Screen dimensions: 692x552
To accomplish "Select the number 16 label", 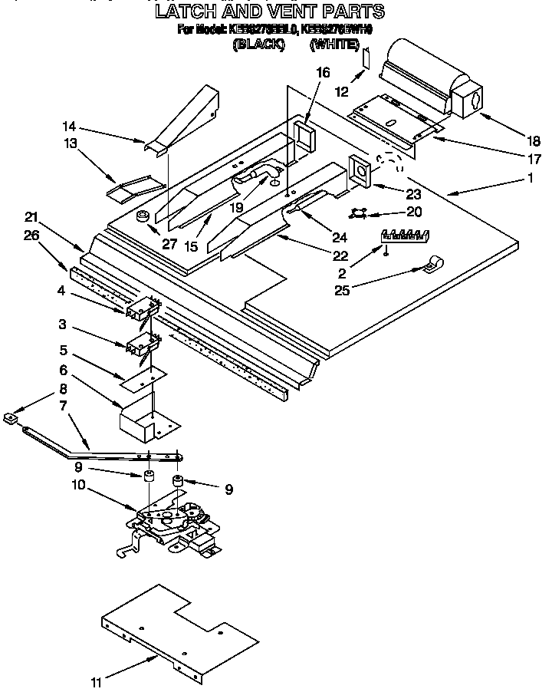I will [323, 73].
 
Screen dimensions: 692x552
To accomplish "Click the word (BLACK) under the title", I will [258, 44].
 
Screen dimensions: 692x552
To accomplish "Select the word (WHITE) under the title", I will [334, 44].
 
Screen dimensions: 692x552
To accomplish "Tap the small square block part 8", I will [10, 417].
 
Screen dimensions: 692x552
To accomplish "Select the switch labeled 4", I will [141, 309].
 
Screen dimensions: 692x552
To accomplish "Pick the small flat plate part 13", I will [136, 186].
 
